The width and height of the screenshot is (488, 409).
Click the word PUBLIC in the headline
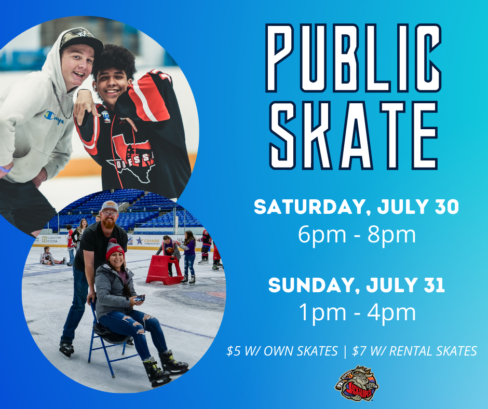[x=353, y=58]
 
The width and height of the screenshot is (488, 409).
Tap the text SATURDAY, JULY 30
[x=356, y=207]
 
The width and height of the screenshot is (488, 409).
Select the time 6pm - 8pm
[x=357, y=235]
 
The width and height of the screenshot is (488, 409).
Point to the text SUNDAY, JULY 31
[x=356, y=285]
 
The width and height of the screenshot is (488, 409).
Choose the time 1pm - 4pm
[x=357, y=313]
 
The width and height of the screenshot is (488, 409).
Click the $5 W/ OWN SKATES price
[x=282, y=351]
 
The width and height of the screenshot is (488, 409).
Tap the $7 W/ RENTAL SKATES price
[x=414, y=351]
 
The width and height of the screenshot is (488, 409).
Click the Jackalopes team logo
[x=357, y=384]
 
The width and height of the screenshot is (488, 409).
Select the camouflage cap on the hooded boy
[x=81, y=40]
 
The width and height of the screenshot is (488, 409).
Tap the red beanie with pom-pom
[x=115, y=249]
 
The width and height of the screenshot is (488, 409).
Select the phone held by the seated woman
[x=140, y=298]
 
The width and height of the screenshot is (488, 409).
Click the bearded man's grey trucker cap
[x=110, y=206]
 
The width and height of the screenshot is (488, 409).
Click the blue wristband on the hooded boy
[x=6, y=169]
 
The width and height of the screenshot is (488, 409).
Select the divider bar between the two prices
[x=345, y=351]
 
